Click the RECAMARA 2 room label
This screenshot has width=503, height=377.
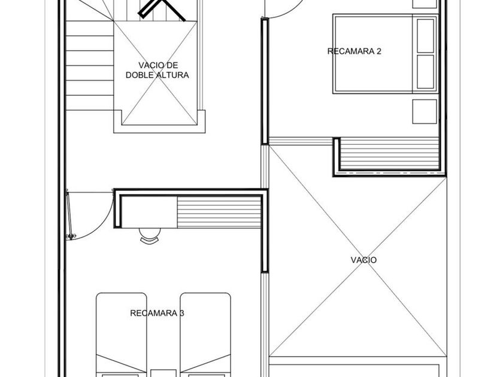[354, 51]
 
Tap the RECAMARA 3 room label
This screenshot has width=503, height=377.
[157, 313]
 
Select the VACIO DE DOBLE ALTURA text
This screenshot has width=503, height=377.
[157, 70]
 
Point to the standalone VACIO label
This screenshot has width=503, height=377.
[363, 260]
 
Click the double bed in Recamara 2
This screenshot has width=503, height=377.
[386, 54]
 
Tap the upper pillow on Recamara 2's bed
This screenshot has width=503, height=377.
[425, 35]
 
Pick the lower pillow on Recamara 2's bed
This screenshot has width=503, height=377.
[425, 72]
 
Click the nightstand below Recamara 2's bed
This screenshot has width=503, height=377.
[425, 111]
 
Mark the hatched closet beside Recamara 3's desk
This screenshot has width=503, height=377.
[219, 212]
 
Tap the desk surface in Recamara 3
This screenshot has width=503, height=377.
[149, 212]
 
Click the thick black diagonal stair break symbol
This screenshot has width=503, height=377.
[161, 10]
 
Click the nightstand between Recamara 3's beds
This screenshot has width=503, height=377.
[163, 373]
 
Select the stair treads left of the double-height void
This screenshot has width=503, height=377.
[90, 65]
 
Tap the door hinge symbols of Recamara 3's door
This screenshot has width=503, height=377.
[71, 236]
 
